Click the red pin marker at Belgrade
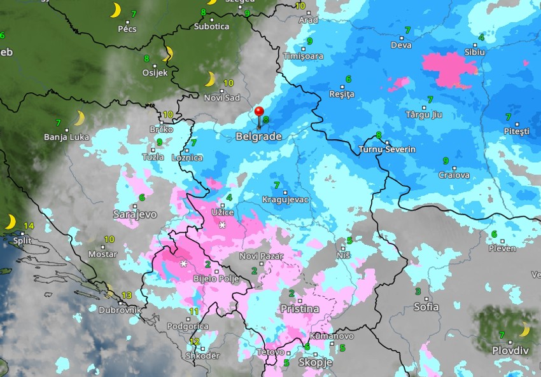pos(259,113)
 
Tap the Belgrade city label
pos(258,137)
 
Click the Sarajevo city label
pos(135,214)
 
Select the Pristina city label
pos(300,309)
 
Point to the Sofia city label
pos(426,307)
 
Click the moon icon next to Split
pos(11,222)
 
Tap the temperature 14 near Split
pos(29,226)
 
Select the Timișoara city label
pos(303,56)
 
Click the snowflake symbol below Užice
pos(222,226)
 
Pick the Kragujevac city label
pos(285,200)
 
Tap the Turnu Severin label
pos(387,149)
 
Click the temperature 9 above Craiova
pos(446,161)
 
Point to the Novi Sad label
pos(221,97)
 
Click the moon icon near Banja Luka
pos(79,118)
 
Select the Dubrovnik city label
pos(119,310)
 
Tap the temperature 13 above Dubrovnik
pos(127,296)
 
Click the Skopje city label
pos(315,362)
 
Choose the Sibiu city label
pos(475,52)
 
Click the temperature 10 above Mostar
pos(109,240)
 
